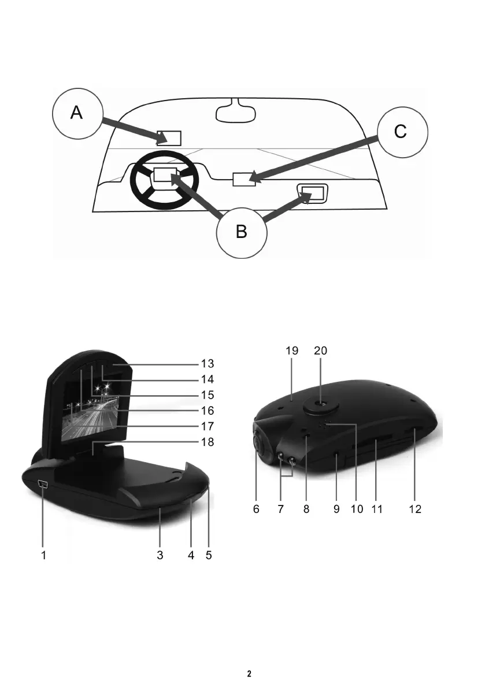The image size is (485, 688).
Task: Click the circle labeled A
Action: pos(77,113)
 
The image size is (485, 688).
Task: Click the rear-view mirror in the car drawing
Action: pos(235,111)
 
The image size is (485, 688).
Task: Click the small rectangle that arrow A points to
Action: pos(170,137)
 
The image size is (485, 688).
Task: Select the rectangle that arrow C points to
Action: pos(243,179)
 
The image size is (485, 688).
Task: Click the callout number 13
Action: pos(207,364)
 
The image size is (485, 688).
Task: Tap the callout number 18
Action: pos(207,442)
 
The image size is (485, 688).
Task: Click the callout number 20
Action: pos(320,351)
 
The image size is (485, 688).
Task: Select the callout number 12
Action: pos(414,510)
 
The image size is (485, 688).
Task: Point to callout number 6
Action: pos(256,510)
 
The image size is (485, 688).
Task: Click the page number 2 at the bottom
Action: pos(249,674)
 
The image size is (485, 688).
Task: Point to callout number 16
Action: pos(207,411)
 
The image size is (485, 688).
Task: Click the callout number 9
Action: pos(336,510)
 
